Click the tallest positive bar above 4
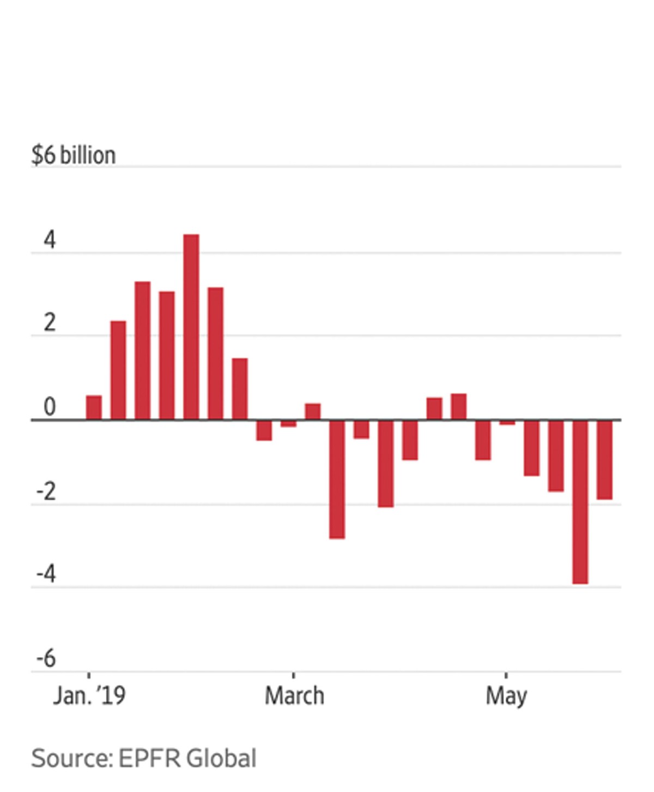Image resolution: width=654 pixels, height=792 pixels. pyautogui.click(x=191, y=327)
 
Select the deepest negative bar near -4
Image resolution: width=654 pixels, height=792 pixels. pyautogui.click(x=580, y=502)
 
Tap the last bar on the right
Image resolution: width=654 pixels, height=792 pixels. pyautogui.click(x=604, y=460)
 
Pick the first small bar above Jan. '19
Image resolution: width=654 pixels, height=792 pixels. pyautogui.click(x=94, y=407)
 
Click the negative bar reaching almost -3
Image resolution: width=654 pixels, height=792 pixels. pyautogui.click(x=337, y=479)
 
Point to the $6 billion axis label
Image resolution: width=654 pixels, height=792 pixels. pyautogui.click(x=74, y=155)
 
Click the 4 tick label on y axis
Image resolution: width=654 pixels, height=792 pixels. pyautogui.click(x=50, y=240)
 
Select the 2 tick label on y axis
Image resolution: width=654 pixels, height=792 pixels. pyautogui.click(x=50, y=323)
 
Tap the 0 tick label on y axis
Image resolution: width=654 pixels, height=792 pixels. pyautogui.click(x=50, y=407)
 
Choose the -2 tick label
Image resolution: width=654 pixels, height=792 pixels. pyautogui.click(x=46, y=492)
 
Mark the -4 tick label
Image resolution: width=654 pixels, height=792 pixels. pyautogui.click(x=46, y=574)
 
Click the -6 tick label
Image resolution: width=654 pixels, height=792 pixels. pyautogui.click(x=46, y=658)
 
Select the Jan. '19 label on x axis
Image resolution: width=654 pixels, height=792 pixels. pyautogui.click(x=89, y=696)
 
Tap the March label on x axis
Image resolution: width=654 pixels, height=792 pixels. pyautogui.click(x=294, y=696)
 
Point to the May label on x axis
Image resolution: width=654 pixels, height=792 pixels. pyautogui.click(x=506, y=697)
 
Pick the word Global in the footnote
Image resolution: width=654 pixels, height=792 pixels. pyautogui.click(x=221, y=759)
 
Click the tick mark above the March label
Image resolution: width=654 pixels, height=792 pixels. pyautogui.click(x=294, y=675)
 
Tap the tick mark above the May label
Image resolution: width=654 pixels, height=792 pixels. pyautogui.click(x=506, y=675)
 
